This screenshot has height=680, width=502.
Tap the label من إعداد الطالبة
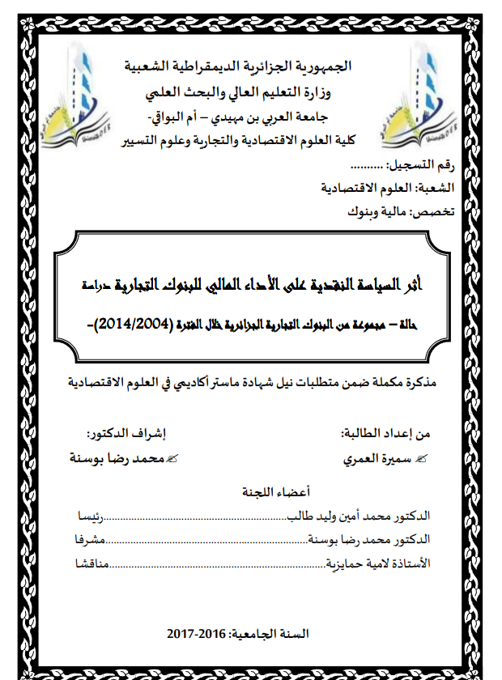[x=385, y=433]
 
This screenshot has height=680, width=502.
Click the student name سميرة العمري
[x=381, y=457]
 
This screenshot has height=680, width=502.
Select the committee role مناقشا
[x=91, y=563]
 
